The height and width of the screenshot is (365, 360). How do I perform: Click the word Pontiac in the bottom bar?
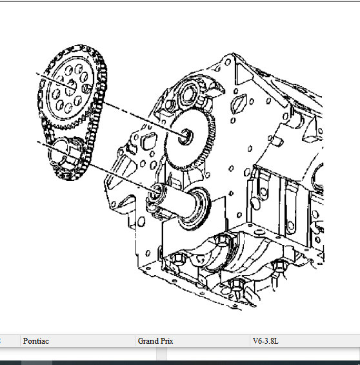pyautogui.click(x=36, y=341)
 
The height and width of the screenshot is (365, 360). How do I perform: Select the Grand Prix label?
pyautogui.click(x=155, y=341)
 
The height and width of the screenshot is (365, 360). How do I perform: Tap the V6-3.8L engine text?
pyautogui.click(x=265, y=341)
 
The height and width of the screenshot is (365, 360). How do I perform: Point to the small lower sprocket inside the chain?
pyautogui.click(x=66, y=154)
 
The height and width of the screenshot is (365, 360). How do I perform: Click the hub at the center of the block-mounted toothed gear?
pyautogui.click(x=185, y=136)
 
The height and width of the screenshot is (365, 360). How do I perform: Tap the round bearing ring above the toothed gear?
pyautogui.click(x=189, y=94)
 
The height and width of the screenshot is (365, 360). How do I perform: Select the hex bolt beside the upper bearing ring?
pyautogui.click(x=170, y=105)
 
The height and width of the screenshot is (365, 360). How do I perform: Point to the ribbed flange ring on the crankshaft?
pyautogui.click(x=195, y=208)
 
